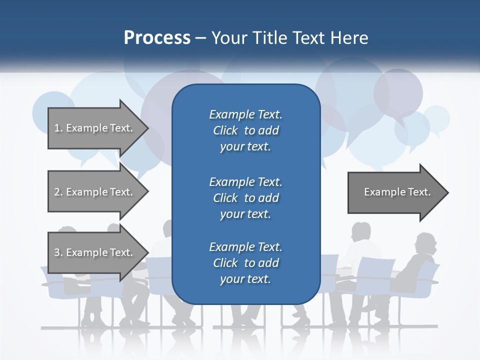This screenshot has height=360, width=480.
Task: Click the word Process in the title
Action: (157, 37)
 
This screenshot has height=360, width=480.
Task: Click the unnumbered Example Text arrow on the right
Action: (395, 192)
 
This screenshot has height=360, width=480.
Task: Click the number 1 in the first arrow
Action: (57, 128)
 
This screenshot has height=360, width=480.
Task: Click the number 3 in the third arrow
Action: (57, 252)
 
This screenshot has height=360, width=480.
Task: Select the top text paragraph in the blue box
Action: (245, 130)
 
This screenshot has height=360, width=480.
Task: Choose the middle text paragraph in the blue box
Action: (245, 198)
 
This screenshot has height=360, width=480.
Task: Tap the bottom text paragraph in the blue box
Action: (245, 263)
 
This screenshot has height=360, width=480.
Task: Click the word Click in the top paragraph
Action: (225, 130)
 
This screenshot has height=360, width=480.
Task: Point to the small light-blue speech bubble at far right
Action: (436, 119)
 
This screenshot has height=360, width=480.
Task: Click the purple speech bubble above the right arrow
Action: (398, 92)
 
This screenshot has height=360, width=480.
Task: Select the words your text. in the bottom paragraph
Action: (245, 279)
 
